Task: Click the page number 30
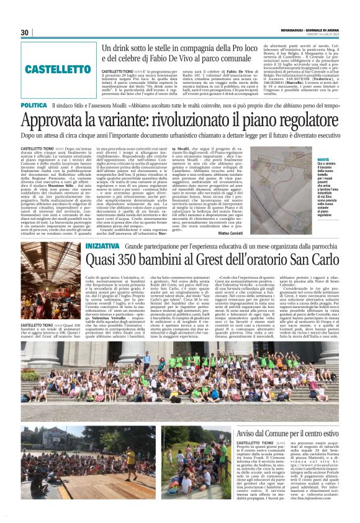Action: click(25, 32)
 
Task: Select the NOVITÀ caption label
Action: click(323, 160)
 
